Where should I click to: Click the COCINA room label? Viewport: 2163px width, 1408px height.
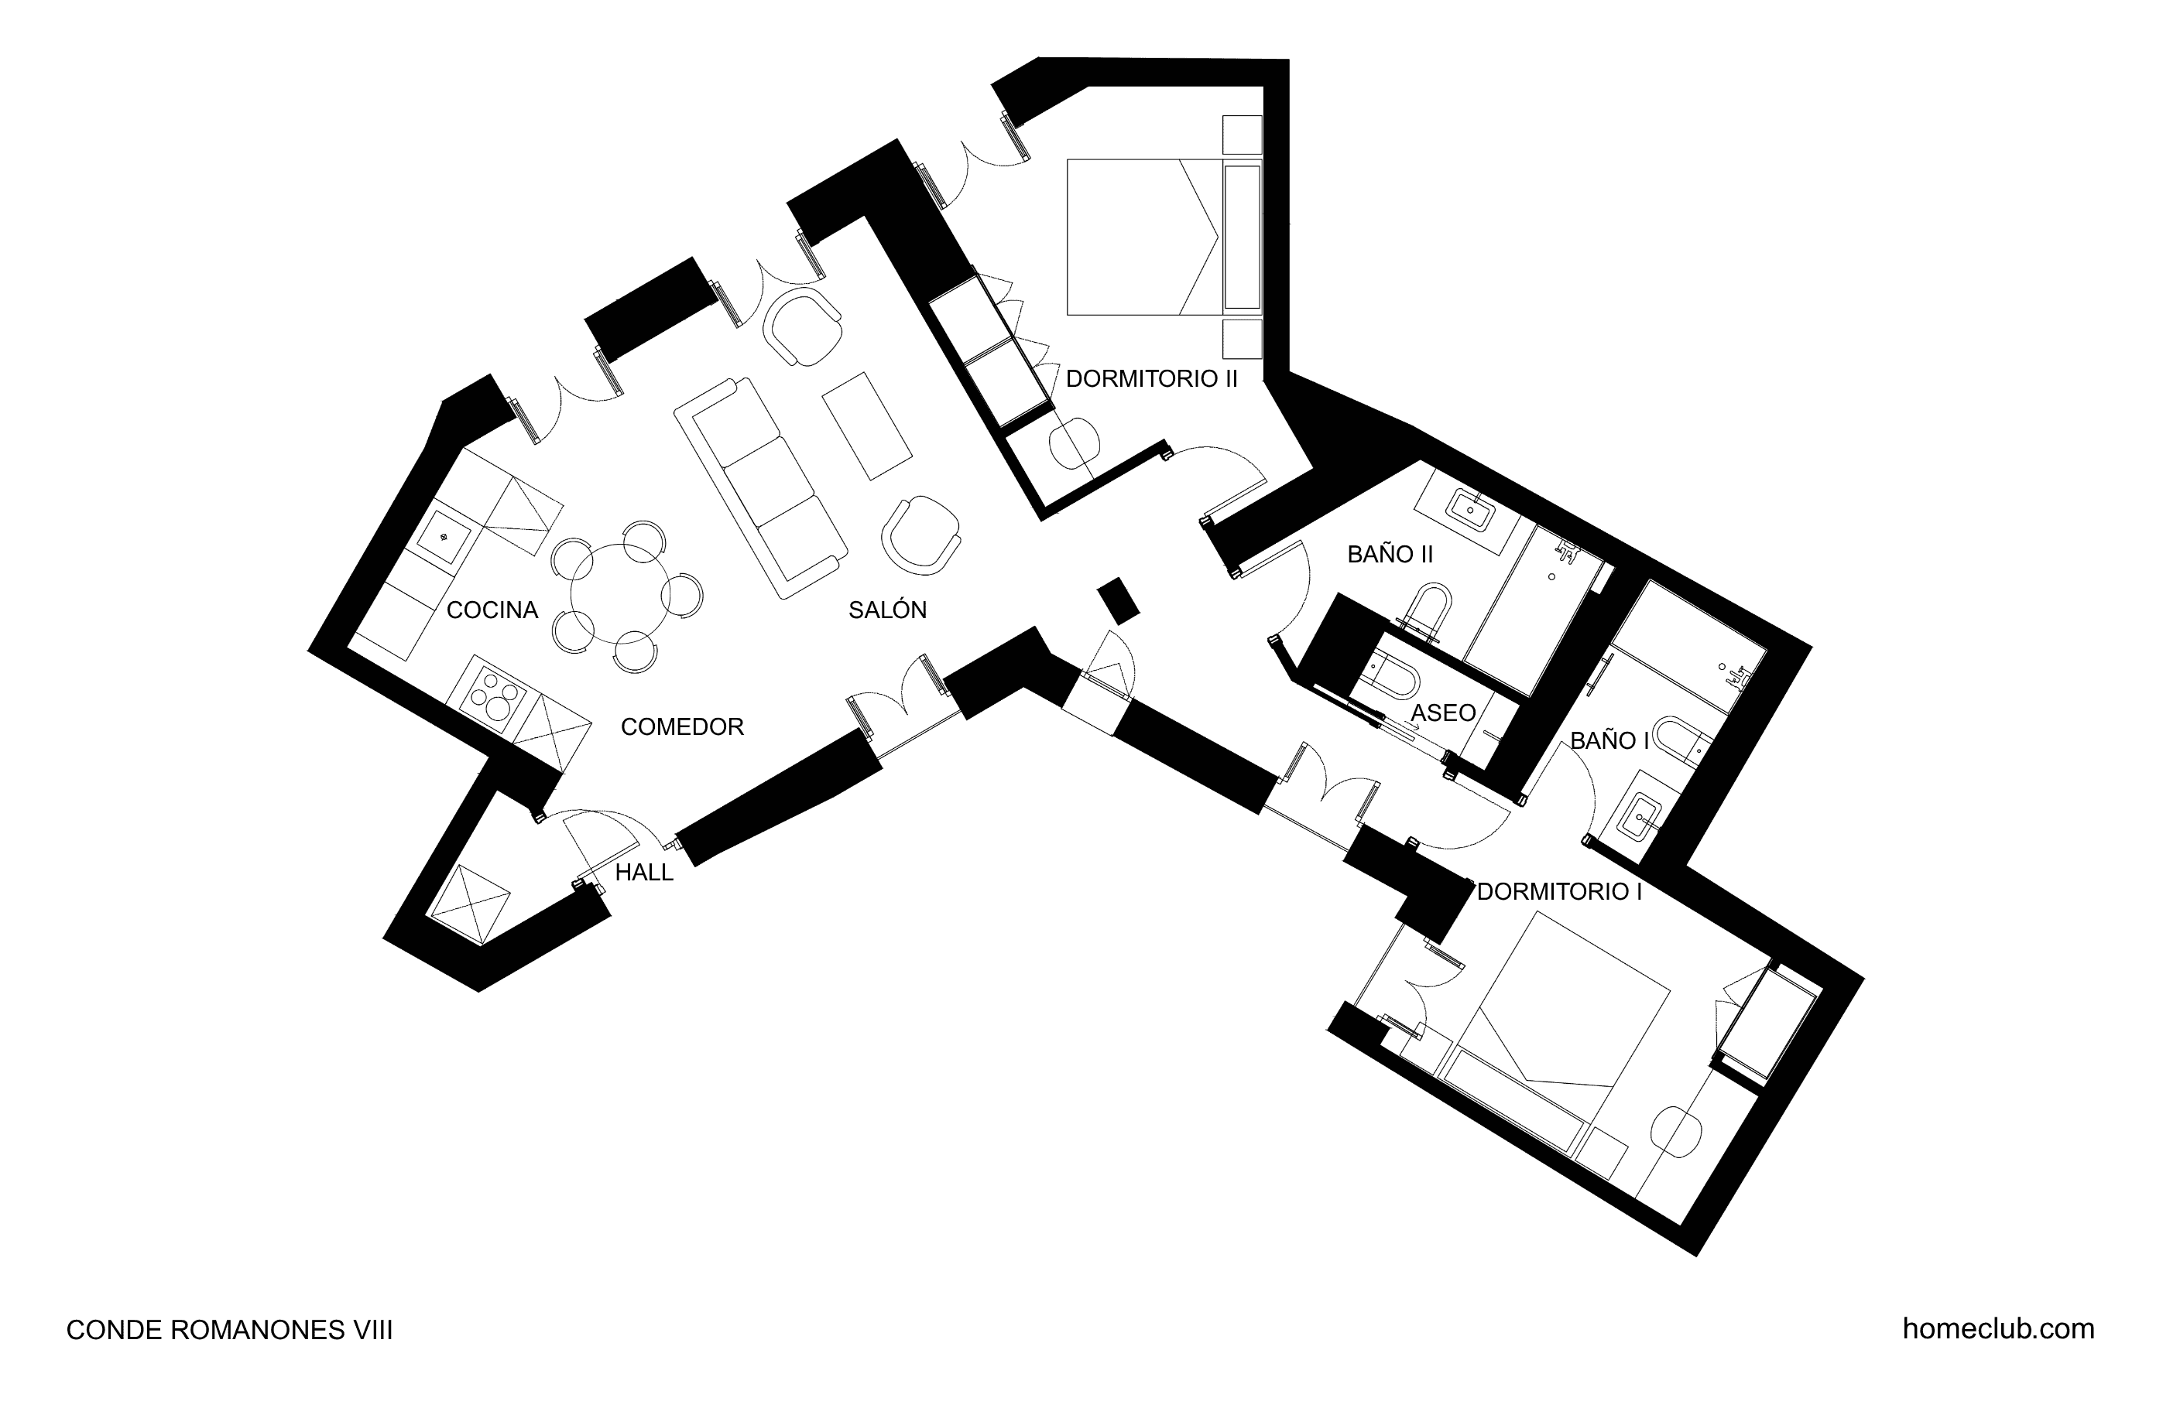[492, 610]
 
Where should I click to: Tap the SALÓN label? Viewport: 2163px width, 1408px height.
[887, 610]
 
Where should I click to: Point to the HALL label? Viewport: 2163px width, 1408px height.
[644, 872]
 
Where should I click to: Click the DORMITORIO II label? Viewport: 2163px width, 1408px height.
[1151, 379]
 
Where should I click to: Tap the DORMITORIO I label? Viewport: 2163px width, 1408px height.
[1558, 891]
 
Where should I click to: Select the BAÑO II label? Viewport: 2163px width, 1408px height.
[1390, 554]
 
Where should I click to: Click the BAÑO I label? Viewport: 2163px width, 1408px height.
[1609, 740]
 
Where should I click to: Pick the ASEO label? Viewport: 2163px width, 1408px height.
[1443, 713]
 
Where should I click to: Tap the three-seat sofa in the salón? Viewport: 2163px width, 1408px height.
[761, 489]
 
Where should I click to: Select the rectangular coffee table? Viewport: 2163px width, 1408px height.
[867, 425]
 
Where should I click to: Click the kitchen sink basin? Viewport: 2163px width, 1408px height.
[444, 538]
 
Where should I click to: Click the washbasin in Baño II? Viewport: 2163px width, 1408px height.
[1470, 510]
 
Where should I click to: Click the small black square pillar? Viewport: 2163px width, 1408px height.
[1118, 600]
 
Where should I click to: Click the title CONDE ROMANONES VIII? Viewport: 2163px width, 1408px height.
[230, 1331]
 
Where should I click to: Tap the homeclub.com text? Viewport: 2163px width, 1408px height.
[1999, 1329]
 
